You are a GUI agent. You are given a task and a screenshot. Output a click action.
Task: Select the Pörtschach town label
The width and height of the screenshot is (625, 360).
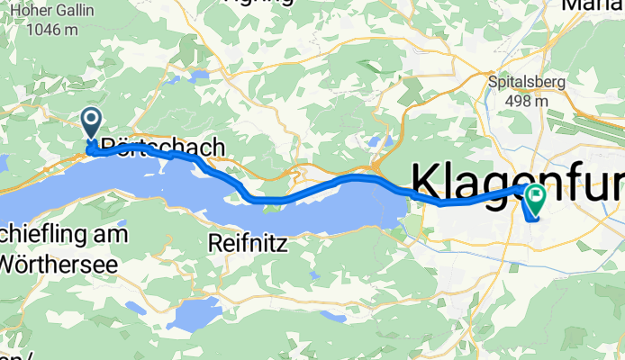point(162,147)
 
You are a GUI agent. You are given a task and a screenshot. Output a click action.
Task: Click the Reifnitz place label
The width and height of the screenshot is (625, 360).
point(246,242)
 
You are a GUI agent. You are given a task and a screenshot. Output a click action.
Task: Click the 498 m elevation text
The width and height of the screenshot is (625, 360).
point(519,100)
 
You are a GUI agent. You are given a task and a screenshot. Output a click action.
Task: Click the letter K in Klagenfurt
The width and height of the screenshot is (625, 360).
point(427,180)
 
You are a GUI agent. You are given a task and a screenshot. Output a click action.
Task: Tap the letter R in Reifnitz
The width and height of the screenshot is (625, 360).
point(215,242)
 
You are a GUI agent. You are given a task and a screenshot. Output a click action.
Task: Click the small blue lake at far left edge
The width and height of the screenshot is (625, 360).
point(3,163)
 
